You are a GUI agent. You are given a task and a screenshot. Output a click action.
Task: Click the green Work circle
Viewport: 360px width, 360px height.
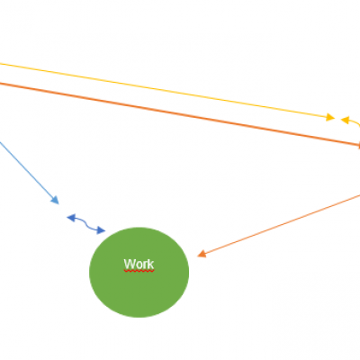click(x=139, y=272)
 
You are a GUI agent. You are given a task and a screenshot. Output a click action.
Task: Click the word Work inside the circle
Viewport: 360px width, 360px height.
click(x=139, y=264)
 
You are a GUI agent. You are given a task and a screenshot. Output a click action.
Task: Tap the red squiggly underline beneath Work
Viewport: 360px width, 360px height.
click(x=139, y=271)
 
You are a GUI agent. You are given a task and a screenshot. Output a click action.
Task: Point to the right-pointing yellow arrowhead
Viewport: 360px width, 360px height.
click(x=330, y=117)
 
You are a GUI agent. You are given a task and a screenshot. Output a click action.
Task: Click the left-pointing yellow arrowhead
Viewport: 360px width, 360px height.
click(x=345, y=120)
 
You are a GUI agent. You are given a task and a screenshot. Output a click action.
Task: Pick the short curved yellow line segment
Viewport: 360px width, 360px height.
click(x=355, y=122)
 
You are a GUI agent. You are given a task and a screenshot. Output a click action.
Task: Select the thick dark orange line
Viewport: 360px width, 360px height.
click(x=179, y=113)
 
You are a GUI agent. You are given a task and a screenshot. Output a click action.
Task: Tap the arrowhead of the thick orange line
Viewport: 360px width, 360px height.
click(x=359, y=145)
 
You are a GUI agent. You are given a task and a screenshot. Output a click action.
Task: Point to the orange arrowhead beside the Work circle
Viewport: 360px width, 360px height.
click(x=202, y=254)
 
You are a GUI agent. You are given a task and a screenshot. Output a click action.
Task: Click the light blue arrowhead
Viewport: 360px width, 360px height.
click(x=55, y=200)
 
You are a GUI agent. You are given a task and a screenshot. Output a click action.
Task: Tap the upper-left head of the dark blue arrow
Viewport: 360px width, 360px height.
click(x=71, y=218)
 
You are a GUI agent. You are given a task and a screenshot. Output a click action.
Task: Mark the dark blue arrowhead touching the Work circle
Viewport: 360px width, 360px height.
click(x=101, y=230)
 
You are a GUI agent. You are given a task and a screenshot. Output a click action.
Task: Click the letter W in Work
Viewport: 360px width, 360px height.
click(x=130, y=264)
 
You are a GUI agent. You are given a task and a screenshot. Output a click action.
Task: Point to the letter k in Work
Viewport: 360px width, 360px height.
click(x=150, y=264)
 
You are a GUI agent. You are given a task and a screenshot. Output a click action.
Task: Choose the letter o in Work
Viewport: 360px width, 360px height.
click(x=139, y=265)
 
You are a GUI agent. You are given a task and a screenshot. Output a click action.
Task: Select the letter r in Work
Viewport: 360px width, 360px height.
click(x=145, y=265)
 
